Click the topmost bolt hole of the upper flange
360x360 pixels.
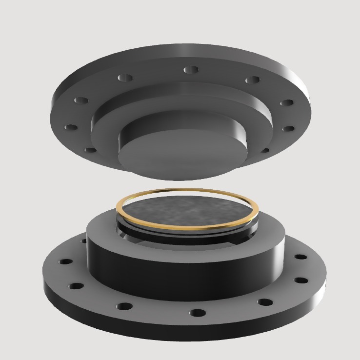[x=191, y=70]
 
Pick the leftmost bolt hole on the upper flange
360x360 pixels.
[x=71, y=127]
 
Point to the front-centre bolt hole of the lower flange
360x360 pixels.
[x=197, y=312]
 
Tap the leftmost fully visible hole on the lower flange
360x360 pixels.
[x=65, y=261]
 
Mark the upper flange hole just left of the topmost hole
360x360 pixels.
[x=125, y=78]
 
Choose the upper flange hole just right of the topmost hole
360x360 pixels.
[x=252, y=80]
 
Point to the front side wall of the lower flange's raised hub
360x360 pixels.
[x=185, y=278]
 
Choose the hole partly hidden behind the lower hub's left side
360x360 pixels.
[x=84, y=240]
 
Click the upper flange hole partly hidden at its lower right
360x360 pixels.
[x=266, y=149]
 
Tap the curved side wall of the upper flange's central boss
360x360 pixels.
[x=234, y=141]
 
